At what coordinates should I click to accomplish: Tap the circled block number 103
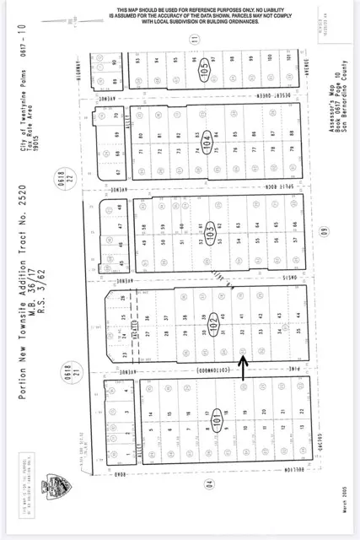(x=207, y=229)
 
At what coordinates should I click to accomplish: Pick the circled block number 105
(x=202, y=67)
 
